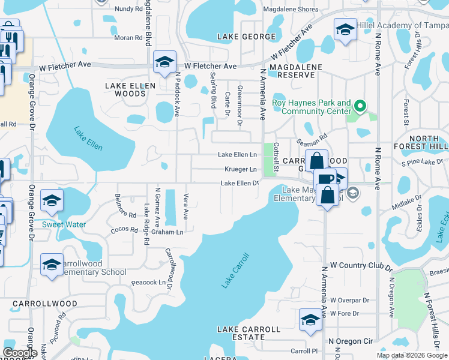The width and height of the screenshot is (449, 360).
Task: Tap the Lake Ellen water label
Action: click(88, 138)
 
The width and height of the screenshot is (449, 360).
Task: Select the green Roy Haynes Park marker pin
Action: click(360, 107)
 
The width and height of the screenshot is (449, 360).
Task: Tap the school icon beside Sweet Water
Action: click(52, 201)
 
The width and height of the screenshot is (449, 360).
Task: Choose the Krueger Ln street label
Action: click(241, 169)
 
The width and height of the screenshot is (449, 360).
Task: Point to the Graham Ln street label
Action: click(167, 232)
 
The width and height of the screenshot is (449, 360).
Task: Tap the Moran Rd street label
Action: click(128, 37)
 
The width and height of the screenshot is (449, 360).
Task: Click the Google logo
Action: click(20, 352)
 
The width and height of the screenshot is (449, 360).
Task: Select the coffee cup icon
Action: click(326, 179)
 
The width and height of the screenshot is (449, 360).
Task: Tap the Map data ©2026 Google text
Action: click(411, 355)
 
